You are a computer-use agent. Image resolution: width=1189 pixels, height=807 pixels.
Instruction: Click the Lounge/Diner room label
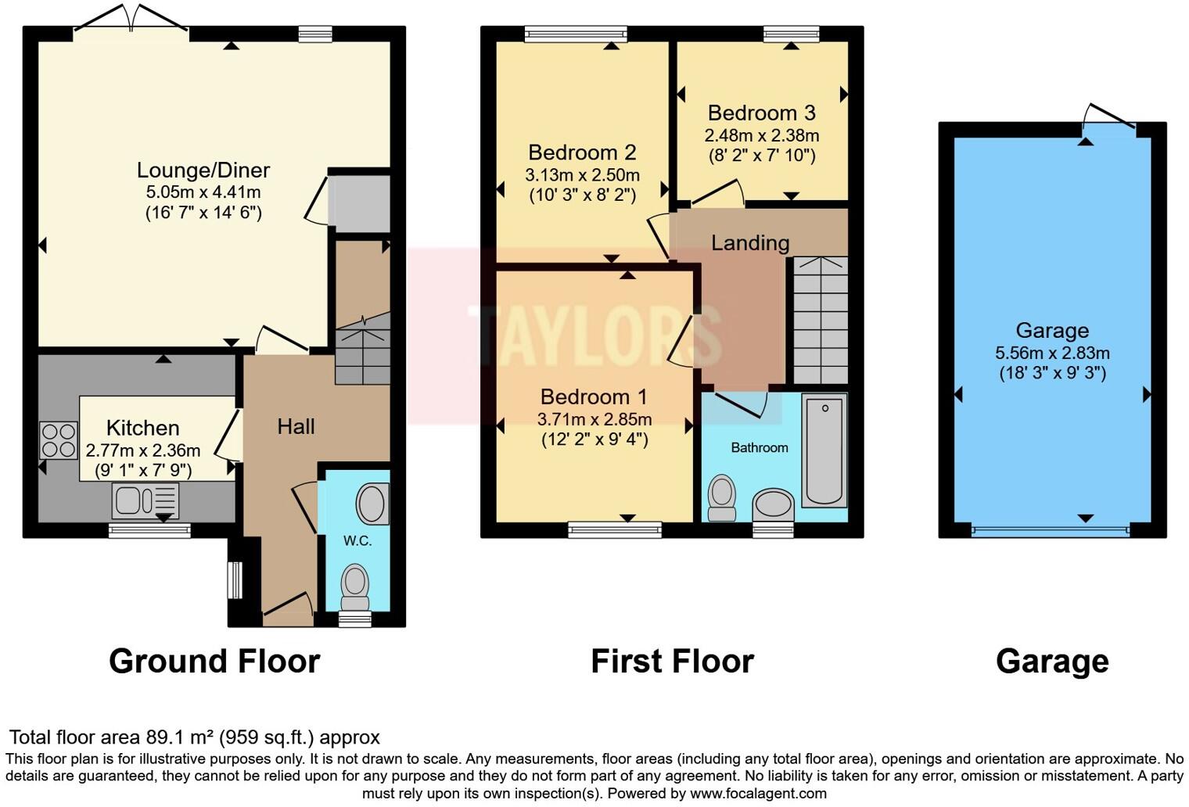[203, 170]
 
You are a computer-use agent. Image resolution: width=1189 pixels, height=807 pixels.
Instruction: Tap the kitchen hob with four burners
[59, 439]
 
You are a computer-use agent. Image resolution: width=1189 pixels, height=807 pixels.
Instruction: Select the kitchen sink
[145, 500]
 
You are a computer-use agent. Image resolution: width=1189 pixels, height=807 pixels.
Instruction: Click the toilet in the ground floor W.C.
[355, 587]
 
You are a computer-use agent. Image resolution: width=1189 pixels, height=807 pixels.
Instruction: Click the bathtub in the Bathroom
[824, 450]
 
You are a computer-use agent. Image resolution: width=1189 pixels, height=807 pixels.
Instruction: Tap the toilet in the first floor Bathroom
[721, 498]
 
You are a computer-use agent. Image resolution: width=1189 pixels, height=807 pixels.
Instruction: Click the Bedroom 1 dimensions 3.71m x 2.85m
[594, 419]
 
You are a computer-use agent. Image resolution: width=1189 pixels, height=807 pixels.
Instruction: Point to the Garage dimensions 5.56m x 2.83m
[1052, 353]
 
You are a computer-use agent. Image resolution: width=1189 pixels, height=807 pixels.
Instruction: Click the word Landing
[749, 243]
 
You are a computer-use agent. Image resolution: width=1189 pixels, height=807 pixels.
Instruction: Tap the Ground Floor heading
[214, 662]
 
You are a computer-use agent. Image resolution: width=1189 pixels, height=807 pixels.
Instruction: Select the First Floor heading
[672, 662]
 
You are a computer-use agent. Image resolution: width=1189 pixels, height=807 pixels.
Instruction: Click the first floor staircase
[821, 321]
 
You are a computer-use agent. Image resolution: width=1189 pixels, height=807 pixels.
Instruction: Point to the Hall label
[296, 426]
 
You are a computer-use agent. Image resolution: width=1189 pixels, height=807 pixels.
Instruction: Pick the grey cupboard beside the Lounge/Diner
[359, 203]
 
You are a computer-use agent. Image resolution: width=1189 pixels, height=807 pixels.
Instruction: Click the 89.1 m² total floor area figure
[180, 737]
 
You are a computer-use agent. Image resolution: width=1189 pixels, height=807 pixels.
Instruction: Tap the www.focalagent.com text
[758, 794]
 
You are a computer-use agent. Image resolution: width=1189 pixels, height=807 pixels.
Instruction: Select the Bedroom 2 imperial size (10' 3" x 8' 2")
[582, 195]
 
